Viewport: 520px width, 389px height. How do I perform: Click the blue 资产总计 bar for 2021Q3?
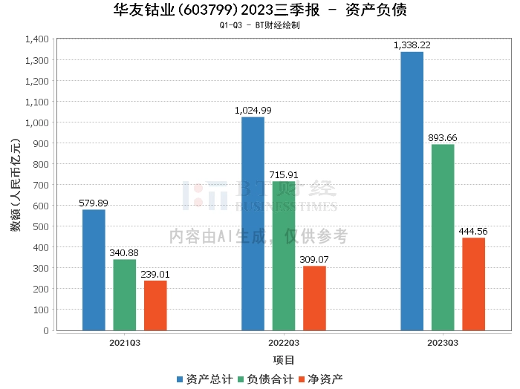coord(94,269)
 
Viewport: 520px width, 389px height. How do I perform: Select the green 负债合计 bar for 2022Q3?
coord(284,255)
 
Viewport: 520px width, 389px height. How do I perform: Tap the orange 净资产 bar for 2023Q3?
coord(473,284)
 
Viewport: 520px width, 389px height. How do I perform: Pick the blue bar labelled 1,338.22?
coord(412,191)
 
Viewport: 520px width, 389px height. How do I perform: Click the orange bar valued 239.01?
coord(155,305)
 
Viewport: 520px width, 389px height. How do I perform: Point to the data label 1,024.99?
coord(253,111)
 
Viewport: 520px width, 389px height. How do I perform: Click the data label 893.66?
coord(443,138)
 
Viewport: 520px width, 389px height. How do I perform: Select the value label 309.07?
coord(314,260)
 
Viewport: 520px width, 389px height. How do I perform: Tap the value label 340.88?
coord(125,253)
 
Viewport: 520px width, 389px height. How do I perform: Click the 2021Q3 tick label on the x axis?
coord(125,343)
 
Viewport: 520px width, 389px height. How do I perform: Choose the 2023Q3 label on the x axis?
coord(443,343)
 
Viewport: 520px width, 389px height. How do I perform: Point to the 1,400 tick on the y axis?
coord(36,39)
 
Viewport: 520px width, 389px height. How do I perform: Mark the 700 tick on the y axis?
coord(41,185)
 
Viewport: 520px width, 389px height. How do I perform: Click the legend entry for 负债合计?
coord(264,379)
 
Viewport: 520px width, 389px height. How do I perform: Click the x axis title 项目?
coord(284,360)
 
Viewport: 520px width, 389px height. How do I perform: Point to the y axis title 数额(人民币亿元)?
coord(15,185)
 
